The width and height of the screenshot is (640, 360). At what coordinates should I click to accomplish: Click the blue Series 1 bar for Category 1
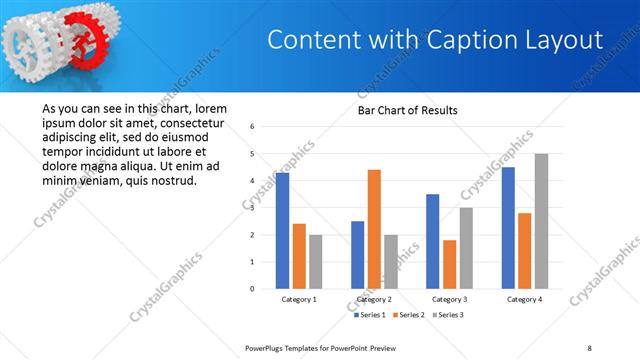click(x=282, y=231)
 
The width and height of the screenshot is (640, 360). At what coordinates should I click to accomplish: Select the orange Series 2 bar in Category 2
click(x=374, y=229)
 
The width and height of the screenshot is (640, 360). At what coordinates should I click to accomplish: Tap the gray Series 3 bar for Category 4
click(x=541, y=221)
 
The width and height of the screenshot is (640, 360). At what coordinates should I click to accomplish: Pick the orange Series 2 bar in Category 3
click(x=450, y=264)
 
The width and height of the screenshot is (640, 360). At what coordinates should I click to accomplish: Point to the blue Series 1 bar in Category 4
click(x=508, y=228)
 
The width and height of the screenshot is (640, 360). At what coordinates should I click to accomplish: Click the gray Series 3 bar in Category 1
click(x=315, y=261)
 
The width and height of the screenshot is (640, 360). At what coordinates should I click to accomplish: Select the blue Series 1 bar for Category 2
click(x=357, y=255)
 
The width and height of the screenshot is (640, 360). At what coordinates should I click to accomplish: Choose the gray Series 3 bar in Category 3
click(x=466, y=248)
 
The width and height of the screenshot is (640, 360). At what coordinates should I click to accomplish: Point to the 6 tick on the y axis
click(x=253, y=127)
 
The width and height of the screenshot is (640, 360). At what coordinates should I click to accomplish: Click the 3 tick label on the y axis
click(x=253, y=208)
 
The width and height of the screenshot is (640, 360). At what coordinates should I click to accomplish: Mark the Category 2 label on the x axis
click(x=374, y=299)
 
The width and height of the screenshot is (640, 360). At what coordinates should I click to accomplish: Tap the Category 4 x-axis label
click(x=524, y=299)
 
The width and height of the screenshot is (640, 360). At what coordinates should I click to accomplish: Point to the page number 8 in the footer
click(x=589, y=347)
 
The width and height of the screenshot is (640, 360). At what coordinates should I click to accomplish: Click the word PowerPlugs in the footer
click(x=268, y=347)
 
